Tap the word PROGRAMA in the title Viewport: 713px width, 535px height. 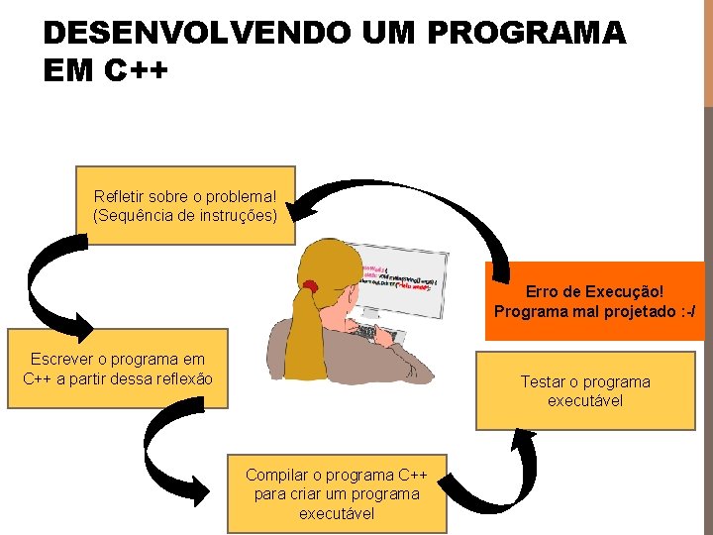click(x=527, y=34)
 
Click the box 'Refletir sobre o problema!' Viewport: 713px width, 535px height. click(x=185, y=204)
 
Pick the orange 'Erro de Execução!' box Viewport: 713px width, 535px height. click(x=594, y=301)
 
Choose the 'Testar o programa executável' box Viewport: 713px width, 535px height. click(x=585, y=390)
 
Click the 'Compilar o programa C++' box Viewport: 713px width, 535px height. click(x=337, y=493)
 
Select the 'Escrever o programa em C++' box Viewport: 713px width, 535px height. click(x=117, y=369)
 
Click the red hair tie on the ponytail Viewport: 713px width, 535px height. click(x=311, y=287)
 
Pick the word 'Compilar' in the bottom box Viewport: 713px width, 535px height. click(x=278, y=475)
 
